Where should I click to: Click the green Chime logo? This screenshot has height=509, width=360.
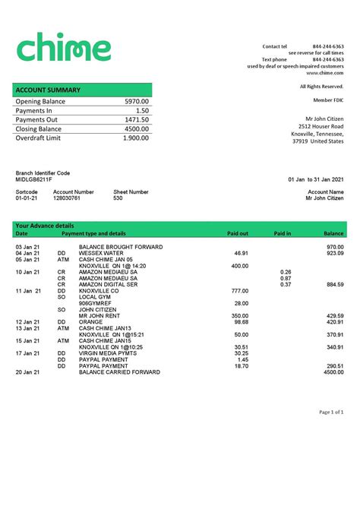click(63, 46)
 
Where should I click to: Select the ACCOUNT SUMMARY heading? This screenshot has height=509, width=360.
click(48, 90)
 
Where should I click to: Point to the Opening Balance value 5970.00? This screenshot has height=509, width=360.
click(137, 102)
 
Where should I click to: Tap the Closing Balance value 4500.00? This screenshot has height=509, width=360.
click(137, 129)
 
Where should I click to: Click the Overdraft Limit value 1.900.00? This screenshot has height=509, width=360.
click(136, 138)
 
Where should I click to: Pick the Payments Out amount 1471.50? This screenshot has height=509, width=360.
click(137, 120)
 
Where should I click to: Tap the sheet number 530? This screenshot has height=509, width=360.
click(118, 198)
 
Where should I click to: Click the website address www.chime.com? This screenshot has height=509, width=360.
click(325, 73)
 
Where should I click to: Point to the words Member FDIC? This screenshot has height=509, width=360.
click(328, 100)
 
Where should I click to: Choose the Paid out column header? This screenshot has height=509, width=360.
click(238, 233)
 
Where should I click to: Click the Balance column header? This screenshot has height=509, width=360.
click(333, 233)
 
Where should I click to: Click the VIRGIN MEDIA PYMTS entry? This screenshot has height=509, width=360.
click(107, 353)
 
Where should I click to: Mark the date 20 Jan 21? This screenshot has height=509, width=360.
click(27, 372)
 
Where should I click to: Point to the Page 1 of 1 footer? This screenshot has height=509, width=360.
click(331, 412)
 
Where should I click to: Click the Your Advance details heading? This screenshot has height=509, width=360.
click(45, 226)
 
